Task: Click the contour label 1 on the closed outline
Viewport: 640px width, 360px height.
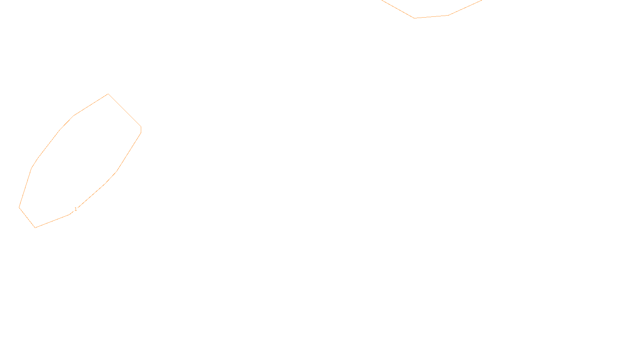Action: (76, 209)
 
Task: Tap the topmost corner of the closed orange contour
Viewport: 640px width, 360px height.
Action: (108, 94)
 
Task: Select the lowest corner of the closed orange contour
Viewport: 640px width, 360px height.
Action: (35, 228)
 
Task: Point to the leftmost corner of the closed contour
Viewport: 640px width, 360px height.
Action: (19, 207)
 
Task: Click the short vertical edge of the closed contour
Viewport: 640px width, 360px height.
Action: (141, 130)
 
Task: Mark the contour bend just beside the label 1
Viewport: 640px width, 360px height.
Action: (70, 214)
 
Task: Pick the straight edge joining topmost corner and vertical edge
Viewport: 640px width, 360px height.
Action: (124, 110)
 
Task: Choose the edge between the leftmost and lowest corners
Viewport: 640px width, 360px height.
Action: (27, 218)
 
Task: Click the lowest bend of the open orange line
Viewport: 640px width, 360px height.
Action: (414, 18)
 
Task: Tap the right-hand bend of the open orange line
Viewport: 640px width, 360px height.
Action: (448, 15)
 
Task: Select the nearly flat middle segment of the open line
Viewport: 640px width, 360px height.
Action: (431, 17)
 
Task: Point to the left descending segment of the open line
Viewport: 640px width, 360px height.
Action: (398, 9)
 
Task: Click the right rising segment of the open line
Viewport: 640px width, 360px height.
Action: (465, 8)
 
